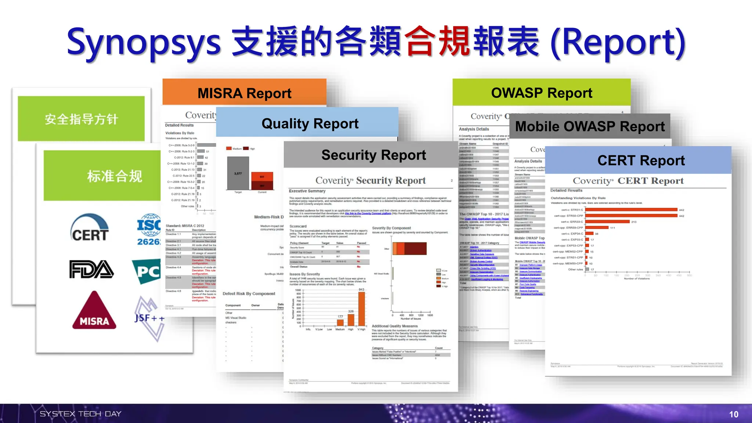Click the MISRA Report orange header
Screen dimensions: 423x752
pyautogui.click(x=244, y=93)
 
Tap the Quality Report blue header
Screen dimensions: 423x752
pyautogui.click(x=310, y=123)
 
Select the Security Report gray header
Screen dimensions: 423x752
pyautogui.click(x=373, y=155)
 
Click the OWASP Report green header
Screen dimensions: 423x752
pyautogui.click(x=542, y=93)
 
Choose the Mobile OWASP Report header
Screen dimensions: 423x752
pyautogui.click(x=590, y=126)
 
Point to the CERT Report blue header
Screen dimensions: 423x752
pyautogui.click(x=641, y=160)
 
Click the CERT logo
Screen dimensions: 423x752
pyautogui.click(x=90, y=228)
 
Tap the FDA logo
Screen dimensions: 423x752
pyautogui.click(x=91, y=269)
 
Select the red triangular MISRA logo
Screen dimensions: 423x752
pyautogui.click(x=94, y=311)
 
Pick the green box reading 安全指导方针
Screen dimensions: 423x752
pyautogui.click(x=81, y=119)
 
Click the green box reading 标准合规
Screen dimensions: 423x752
pyautogui.click(x=114, y=176)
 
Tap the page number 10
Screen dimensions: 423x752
pyautogui.click(x=733, y=415)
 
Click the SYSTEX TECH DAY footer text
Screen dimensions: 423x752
pyautogui.click(x=80, y=414)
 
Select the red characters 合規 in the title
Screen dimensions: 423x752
pyautogui.click(x=437, y=41)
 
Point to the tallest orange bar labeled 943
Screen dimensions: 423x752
pyautogui.click(x=362, y=309)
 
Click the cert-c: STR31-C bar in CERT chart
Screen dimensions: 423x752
pyautogui.click(x=631, y=210)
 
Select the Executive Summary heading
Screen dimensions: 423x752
pyautogui.click(x=307, y=191)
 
